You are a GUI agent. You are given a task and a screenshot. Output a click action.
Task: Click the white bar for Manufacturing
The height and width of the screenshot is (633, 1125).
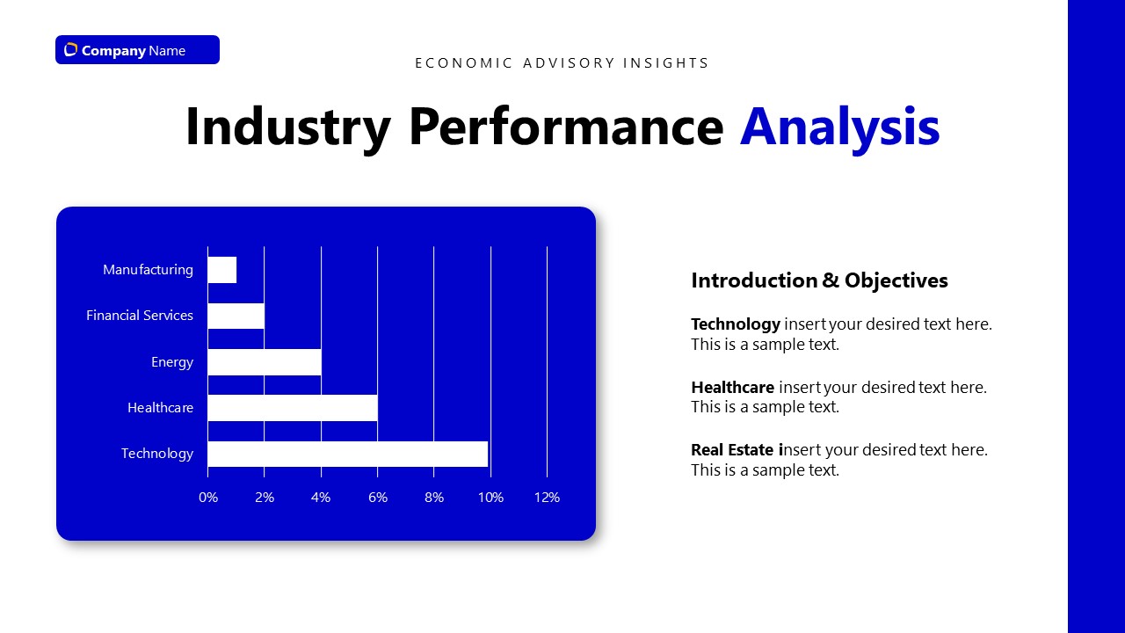tap(222, 270)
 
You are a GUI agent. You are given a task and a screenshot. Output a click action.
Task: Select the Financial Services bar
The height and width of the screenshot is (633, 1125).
tap(236, 316)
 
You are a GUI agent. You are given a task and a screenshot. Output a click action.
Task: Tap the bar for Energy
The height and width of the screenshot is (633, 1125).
tap(265, 362)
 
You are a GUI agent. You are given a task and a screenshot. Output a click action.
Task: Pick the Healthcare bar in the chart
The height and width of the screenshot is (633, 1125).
tap(293, 408)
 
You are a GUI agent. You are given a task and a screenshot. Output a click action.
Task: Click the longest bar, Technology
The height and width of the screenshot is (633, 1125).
tap(348, 454)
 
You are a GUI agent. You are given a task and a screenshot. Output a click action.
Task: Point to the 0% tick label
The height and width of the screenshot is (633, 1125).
tap(208, 498)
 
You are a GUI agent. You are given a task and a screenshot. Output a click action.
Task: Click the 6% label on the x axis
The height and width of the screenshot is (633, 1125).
tap(378, 498)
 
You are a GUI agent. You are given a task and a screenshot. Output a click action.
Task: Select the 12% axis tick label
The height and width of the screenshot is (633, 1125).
tap(547, 498)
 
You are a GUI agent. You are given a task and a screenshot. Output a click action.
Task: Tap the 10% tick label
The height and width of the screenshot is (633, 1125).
tap(490, 498)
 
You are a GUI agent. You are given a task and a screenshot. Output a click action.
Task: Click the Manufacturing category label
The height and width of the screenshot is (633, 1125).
tap(148, 270)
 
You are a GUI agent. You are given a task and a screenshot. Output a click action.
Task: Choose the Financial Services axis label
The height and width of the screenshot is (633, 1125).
tap(140, 316)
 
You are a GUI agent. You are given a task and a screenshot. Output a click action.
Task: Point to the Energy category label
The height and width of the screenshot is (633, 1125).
tap(172, 362)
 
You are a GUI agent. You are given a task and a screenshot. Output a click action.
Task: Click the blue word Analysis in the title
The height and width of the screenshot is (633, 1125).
tap(839, 127)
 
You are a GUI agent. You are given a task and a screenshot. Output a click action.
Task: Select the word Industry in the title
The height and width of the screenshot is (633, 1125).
tap(287, 127)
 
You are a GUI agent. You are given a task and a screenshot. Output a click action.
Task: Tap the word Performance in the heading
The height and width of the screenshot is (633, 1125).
tap(566, 127)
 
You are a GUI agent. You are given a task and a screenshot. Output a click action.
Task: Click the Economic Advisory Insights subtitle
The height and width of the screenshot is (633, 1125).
tap(562, 63)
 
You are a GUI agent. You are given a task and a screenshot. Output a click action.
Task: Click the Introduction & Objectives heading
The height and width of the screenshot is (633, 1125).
tap(819, 280)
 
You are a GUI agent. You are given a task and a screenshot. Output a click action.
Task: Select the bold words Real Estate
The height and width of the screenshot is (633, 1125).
tap(735, 450)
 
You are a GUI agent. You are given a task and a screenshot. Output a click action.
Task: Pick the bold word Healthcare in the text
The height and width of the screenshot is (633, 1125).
tap(732, 388)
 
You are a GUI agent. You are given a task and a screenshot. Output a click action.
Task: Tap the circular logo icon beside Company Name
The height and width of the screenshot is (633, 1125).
tap(71, 50)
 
